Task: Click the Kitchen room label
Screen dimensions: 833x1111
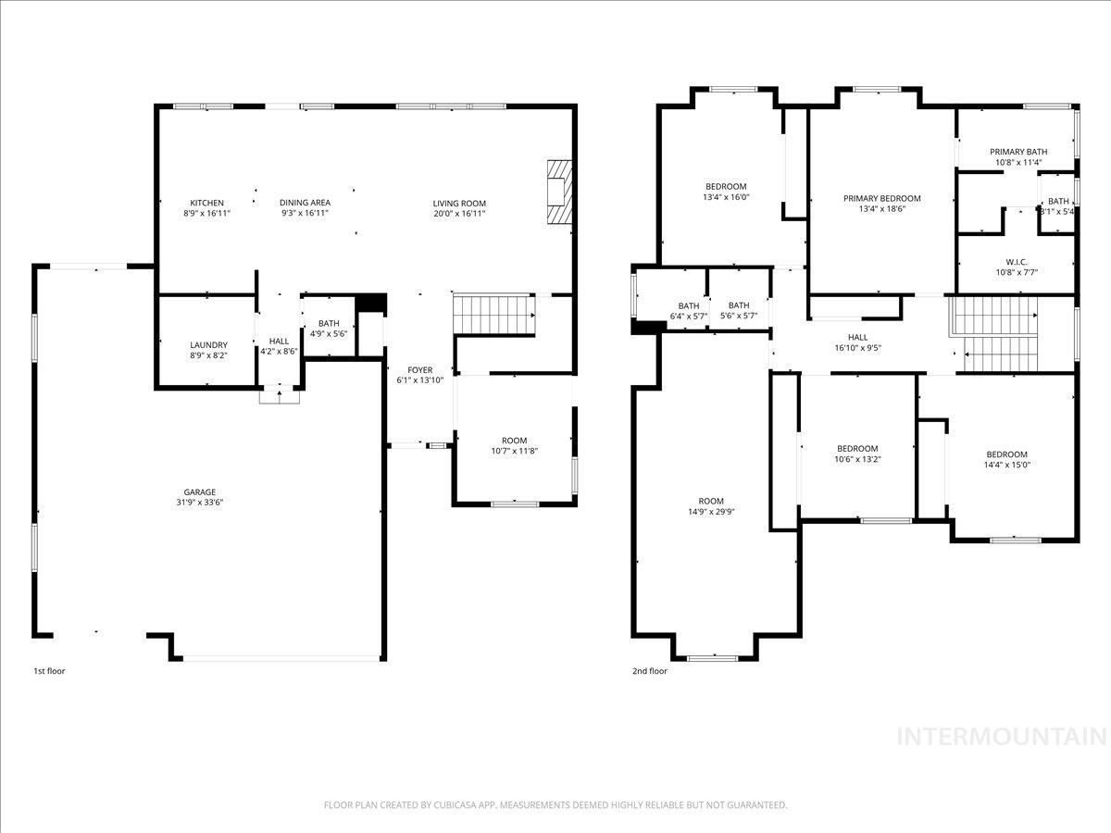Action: tap(206, 203)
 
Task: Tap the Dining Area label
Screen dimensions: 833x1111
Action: tap(305, 203)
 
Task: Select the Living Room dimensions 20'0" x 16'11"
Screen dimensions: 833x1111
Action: tap(459, 214)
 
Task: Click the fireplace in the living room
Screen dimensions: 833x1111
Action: tap(560, 193)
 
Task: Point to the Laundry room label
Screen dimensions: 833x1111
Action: tap(208, 345)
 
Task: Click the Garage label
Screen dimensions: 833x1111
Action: tap(199, 492)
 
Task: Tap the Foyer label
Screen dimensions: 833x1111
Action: tap(420, 370)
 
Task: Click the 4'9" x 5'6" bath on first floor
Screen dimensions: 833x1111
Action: tap(328, 329)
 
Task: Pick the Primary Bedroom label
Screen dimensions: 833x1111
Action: tap(881, 198)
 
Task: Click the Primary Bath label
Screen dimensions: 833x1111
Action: tap(1018, 152)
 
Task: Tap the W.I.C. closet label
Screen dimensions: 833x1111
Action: tap(1017, 262)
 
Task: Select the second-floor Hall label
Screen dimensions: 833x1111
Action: tap(857, 338)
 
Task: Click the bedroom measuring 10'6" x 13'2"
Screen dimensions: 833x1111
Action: tap(856, 454)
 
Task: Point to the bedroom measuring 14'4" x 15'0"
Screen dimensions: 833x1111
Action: tap(1006, 459)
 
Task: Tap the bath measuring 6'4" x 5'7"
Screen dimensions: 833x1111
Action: tap(688, 311)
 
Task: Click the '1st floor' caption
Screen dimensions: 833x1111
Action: tap(49, 671)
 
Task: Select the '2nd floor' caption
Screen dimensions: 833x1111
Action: tap(650, 671)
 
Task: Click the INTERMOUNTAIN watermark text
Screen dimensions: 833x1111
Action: tap(1003, 737)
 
